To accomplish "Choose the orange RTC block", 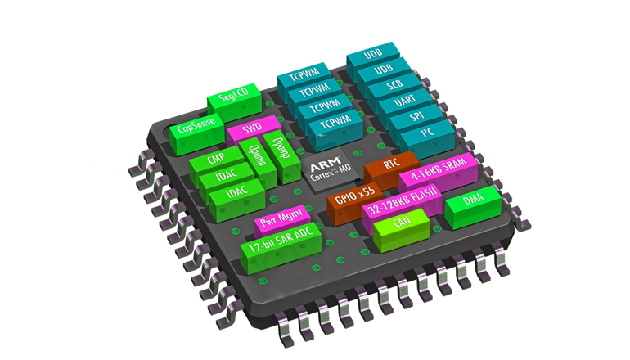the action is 391,168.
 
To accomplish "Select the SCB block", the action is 394,88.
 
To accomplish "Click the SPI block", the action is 416,119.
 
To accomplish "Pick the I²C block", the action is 428,137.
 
